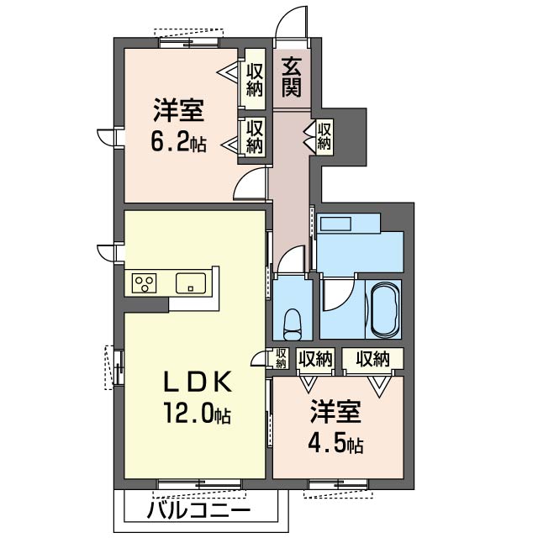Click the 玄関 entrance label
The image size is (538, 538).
[x=292, y=75]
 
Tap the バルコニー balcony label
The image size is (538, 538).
[x=199, y=510]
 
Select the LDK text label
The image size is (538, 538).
[x=196, y=382]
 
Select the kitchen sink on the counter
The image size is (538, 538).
[x=193, y=282]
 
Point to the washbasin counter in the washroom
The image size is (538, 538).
[x=340, y=224]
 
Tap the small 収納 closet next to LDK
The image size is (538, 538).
[x=282, y=358]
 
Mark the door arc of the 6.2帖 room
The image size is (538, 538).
[x=250, y=183]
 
